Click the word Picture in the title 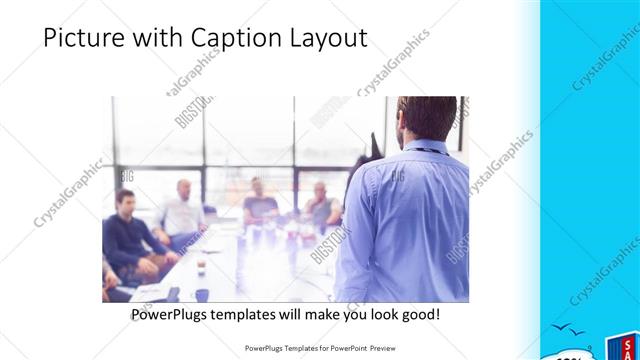(86, 38)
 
